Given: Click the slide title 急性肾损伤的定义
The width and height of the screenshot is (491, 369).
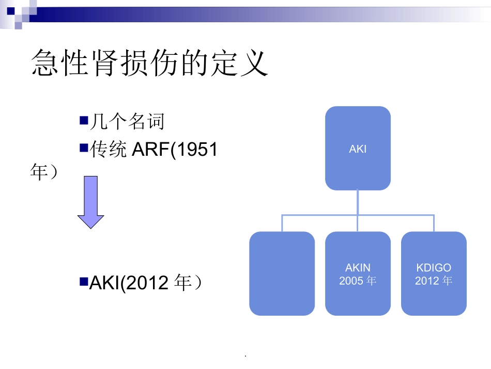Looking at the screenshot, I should (150, 63).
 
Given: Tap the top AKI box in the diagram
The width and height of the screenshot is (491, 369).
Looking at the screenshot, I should (358, 149).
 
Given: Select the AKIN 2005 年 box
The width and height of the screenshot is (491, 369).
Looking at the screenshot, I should (358, 274).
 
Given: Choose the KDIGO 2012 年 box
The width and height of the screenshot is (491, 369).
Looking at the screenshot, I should (434, 274).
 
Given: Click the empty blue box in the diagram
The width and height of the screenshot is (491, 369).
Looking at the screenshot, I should (282, 274).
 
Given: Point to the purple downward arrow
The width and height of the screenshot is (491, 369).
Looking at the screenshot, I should (90, 202).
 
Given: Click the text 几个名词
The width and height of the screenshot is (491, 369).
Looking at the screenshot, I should (127, 122).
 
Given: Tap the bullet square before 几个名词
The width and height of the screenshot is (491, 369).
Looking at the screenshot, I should (84, 121).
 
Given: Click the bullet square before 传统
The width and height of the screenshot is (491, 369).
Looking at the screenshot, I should (84, 147).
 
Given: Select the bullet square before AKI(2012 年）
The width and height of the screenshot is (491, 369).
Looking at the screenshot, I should (84, 282).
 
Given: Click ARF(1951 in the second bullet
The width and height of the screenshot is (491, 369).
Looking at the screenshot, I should (175, 150).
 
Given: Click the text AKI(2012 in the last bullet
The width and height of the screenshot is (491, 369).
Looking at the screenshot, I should (130, 283).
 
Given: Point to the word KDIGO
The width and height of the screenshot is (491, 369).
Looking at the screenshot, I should (434, 268).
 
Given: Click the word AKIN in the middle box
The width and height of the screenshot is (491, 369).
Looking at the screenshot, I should (358, 268).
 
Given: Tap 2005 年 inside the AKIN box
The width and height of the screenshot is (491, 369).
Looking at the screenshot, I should (358, 281).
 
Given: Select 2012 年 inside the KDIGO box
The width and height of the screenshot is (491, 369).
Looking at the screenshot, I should (434, 281).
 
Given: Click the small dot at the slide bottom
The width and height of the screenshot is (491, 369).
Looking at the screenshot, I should (245, 357).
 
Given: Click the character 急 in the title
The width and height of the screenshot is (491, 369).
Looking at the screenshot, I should (46, 63).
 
